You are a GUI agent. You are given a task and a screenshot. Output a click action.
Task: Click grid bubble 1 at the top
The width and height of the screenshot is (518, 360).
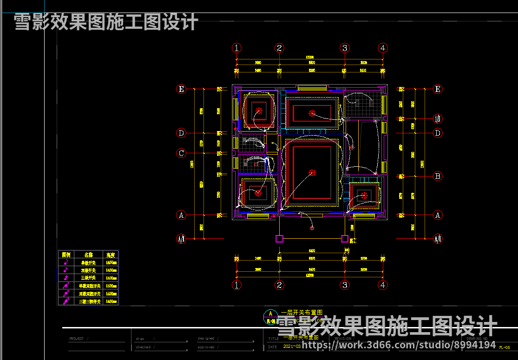pyautogui.click(x=237, y=48)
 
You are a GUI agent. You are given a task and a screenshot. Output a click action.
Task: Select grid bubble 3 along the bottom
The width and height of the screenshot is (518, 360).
pyautogui.click(x=345, y=285)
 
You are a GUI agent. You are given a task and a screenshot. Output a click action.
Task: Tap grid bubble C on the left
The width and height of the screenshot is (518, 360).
pyautogui.click(x=181, y=153)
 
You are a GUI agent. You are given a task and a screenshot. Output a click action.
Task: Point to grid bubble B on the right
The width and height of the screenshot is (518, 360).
pyautogui.click(x=437, y=176)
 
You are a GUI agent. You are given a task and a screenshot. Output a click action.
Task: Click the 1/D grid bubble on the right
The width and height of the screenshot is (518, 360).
pyautogui.click(x=437, y=118)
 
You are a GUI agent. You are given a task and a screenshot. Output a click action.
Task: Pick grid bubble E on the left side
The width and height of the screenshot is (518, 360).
pyautogui.click(x=181, y=89)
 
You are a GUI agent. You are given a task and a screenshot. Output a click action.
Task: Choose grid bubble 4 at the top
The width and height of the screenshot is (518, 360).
pyautogui.click(x=383, y=48)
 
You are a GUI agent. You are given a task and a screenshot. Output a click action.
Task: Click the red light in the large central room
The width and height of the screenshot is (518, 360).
pyautogui.click(x=312, y=173)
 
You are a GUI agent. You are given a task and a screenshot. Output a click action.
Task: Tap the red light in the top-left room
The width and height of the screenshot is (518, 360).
pyautogui.click(x=258, y=111)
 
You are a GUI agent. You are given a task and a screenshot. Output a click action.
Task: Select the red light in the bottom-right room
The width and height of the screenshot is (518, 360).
pyautogui.click(x=365, y=195)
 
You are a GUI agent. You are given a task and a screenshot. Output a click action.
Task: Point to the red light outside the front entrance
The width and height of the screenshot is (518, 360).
pyautogui.click(x=312, y=228)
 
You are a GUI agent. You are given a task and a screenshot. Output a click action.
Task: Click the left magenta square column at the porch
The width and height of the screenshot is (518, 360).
pyautogui.click(x=279, y=239)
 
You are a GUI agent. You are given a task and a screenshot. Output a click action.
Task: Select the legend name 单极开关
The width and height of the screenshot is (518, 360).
pyautogui.click(x=88, y=262)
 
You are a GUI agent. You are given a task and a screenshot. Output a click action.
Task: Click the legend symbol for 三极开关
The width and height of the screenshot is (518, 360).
pyautogui.click(x=66, y=278)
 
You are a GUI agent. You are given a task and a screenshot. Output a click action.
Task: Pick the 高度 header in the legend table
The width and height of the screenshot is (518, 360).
pyautogui.click(x=111, y=255)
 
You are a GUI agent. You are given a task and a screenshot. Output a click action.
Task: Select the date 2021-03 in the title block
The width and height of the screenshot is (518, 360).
pyautogui.click(x=291, y=347)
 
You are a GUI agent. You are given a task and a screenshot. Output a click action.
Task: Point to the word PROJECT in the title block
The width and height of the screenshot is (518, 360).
pyautogui.click(x=77, y=339)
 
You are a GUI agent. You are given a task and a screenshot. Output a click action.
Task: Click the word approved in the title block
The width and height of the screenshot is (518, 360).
pyautogui.click(x=206, y=347)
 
